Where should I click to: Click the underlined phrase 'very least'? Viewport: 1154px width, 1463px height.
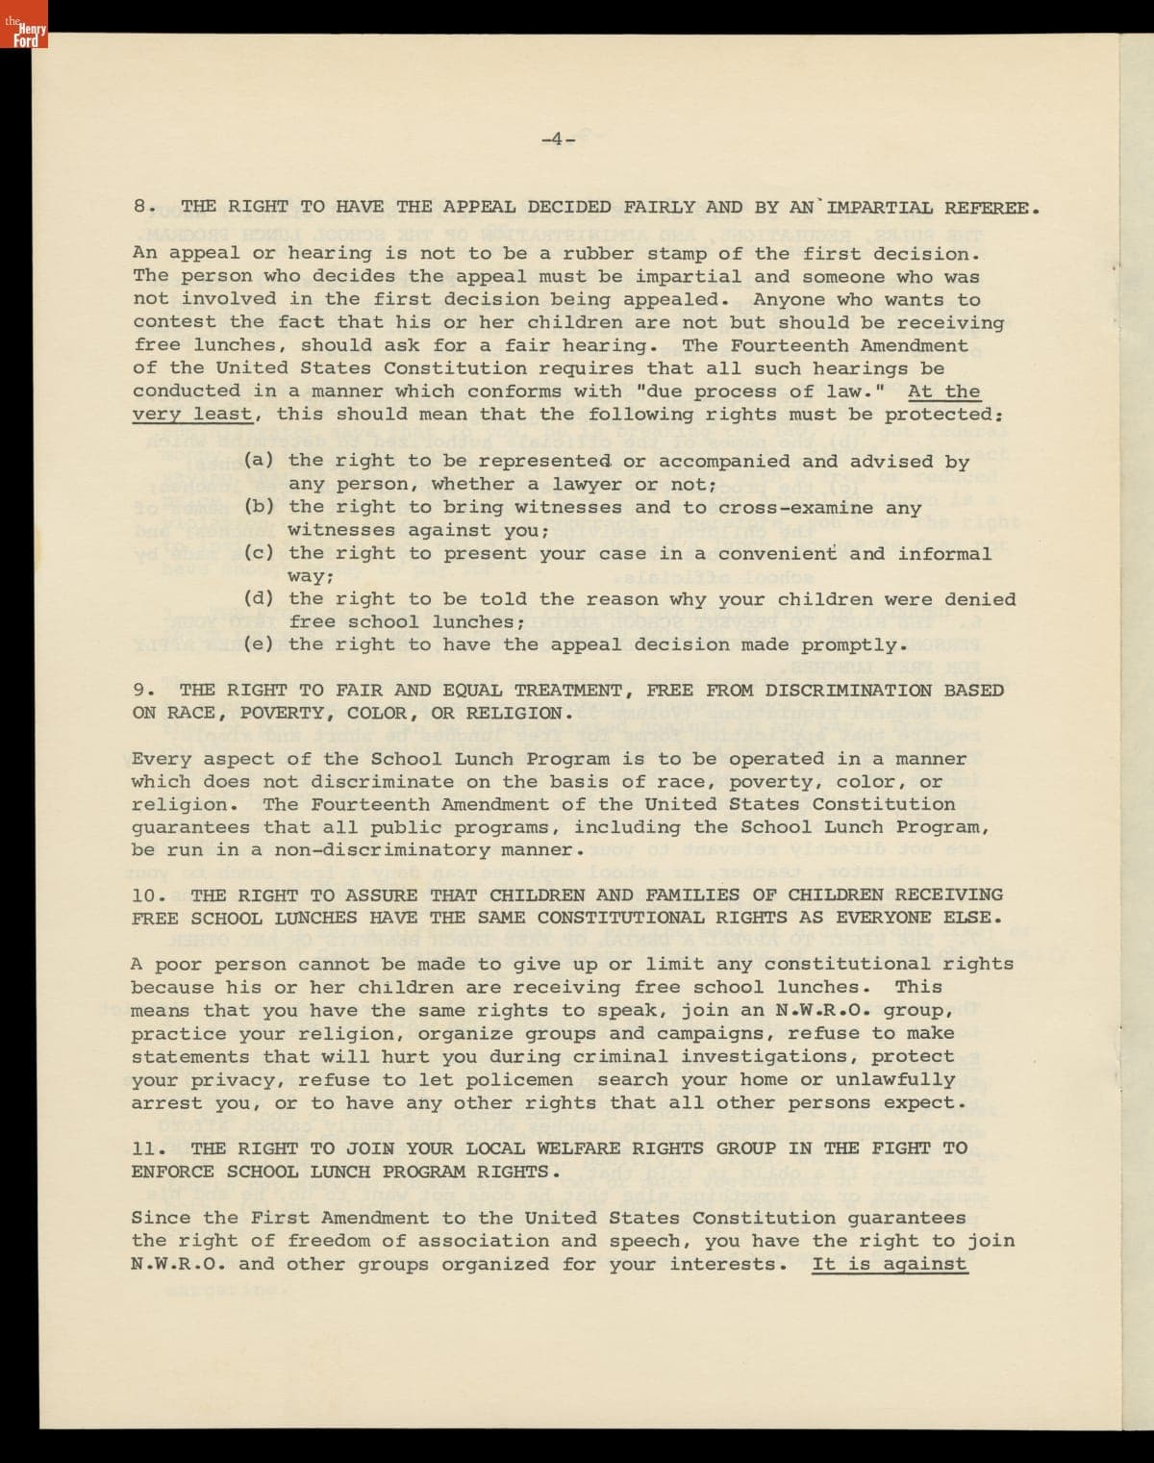coord(192,415)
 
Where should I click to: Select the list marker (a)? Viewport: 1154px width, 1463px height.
coord(258,462)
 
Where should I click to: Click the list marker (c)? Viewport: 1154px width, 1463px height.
coord(258,554)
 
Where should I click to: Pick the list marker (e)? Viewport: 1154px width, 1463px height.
coord(258,645)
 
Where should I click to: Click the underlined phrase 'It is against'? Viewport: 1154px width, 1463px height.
coord(890,1265)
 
